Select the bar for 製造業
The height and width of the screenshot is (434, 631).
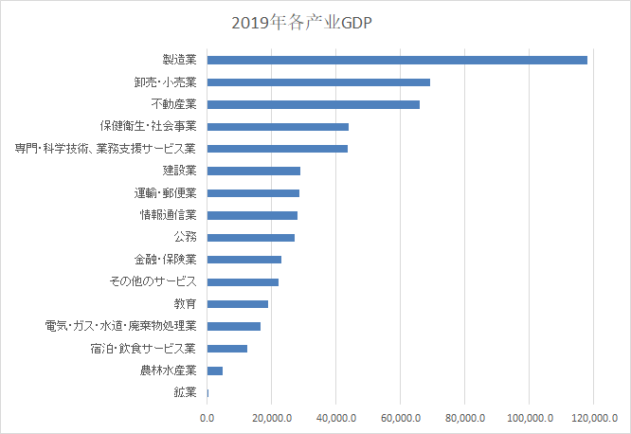[397, 60]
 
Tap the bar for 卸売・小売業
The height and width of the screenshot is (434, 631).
[318, 82]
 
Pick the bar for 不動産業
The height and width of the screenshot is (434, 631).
[313, 104]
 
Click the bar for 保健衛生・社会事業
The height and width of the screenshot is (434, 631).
[278, 127]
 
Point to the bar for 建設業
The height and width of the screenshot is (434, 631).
[253, 171]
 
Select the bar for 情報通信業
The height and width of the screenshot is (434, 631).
[252, 215]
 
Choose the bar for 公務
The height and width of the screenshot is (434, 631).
[250, 237]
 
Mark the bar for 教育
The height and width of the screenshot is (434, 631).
[237, 303]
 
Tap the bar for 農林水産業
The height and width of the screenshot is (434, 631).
[215, 371]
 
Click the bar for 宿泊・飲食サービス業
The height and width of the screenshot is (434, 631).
[227, 348]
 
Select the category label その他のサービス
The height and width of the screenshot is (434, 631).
[153, 281]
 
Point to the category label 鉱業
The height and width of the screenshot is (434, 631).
[185, 392]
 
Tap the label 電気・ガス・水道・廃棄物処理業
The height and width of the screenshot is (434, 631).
[120, 326]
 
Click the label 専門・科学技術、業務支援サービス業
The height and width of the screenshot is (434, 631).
[105, 149]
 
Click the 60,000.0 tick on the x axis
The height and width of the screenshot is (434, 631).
[401, 417]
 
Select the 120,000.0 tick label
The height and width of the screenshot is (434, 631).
[594, 417]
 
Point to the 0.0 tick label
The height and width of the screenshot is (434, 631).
[207, 417]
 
